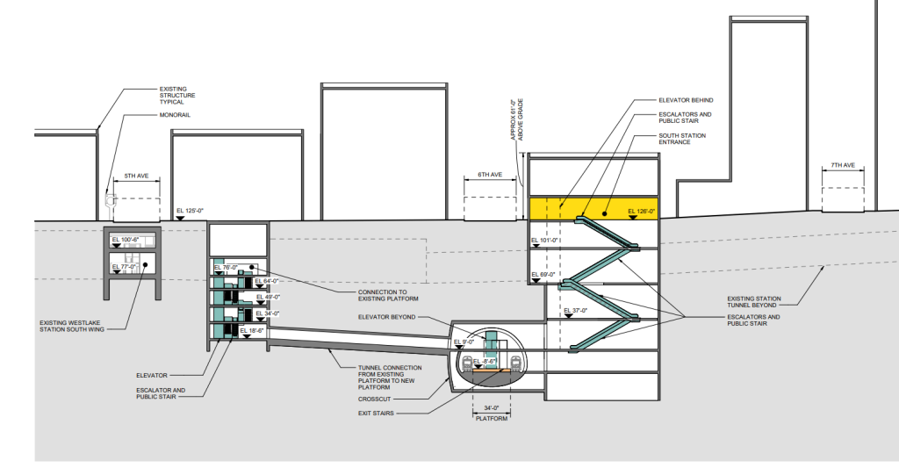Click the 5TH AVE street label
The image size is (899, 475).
(136, 176)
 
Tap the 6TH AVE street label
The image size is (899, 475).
(489, 176)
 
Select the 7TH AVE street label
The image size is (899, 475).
(841, 166)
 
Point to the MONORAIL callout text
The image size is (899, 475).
(174, 115)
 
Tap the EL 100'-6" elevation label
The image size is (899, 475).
(126, 240)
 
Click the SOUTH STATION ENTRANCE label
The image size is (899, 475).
(681, 140)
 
